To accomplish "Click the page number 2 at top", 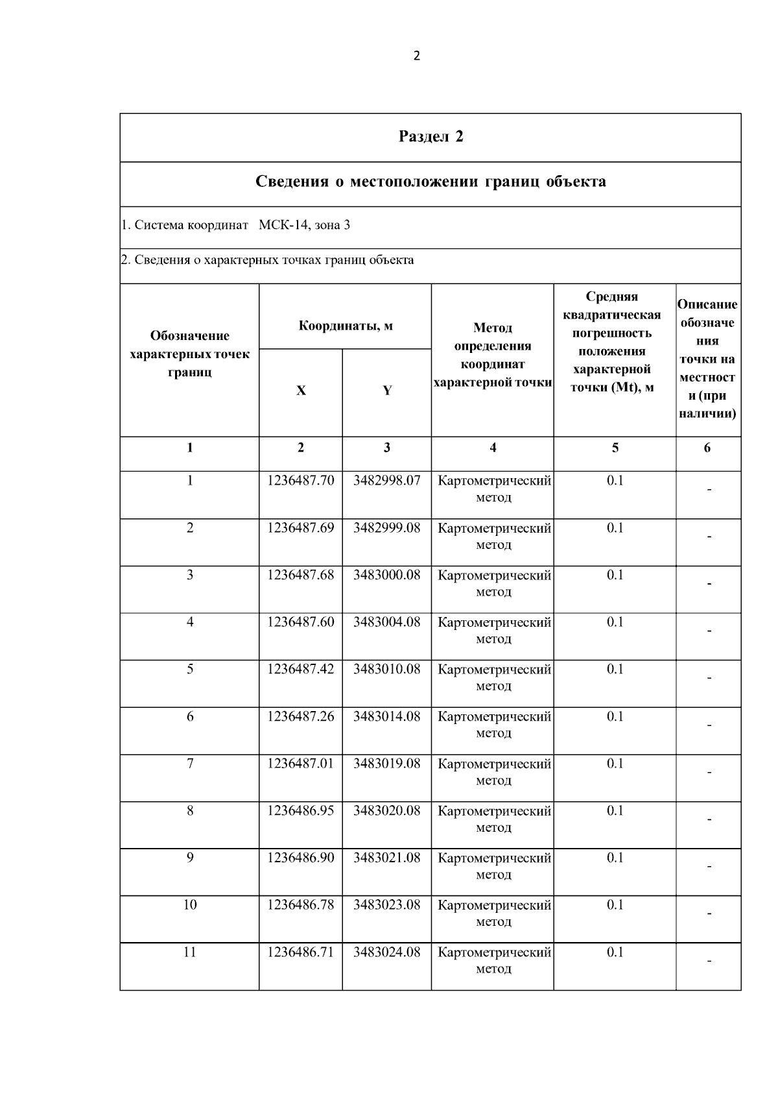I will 416,56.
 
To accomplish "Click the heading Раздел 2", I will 430,137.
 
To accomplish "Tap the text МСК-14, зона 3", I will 304,225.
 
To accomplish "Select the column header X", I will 301,391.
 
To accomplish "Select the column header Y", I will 387,391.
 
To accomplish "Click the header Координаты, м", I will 346,326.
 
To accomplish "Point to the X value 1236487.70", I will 301,481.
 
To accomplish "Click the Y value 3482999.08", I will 386,528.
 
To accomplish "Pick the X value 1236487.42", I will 301,670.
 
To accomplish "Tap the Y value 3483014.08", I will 386,717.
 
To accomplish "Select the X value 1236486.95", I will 301,811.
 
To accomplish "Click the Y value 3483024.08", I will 386,952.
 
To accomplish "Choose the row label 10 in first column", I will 190,905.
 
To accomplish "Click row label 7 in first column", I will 190,764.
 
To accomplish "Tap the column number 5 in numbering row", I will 615,448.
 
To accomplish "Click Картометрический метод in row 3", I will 494,583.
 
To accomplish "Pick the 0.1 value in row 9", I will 615,858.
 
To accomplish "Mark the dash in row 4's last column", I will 709,631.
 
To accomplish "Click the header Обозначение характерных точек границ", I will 190,354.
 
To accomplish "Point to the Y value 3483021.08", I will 386,858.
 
